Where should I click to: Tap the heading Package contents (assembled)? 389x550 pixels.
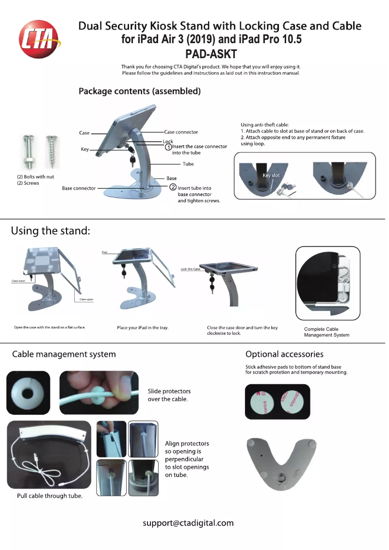(140, 91)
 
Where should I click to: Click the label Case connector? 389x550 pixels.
(181, 132)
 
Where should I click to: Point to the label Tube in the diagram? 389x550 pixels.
(188, 164)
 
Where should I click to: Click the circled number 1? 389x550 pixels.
(168, 146)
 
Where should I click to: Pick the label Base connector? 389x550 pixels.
(79, 188)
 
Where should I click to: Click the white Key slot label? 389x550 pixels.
(271, 176)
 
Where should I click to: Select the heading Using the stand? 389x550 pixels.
(51, 231)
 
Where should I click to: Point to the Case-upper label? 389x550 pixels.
(86, 300)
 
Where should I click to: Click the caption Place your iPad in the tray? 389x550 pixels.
(143, 328)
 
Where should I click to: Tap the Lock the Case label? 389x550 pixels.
(190, 269)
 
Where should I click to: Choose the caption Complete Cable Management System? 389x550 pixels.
(326, 332)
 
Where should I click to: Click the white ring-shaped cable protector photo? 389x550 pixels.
(28, 392)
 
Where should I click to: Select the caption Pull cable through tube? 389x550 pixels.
(49, 496)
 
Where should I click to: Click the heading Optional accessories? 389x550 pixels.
(284, 354)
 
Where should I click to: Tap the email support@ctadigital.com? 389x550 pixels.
(188, 523)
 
